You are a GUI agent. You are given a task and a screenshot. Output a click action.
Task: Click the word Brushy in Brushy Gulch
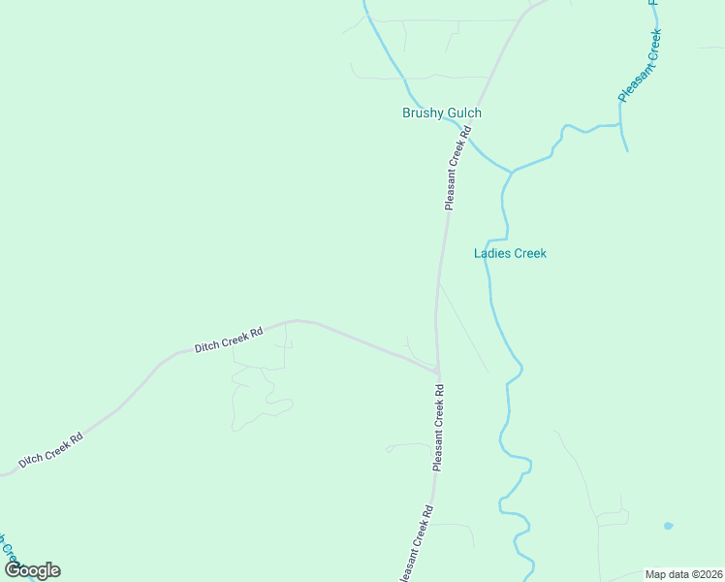click(423, 113)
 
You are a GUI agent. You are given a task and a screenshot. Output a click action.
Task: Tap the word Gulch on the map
click(463, 113)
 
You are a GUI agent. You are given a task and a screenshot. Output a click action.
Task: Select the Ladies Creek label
click(510, 254)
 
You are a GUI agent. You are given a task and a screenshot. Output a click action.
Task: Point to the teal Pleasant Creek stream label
click(640, 65)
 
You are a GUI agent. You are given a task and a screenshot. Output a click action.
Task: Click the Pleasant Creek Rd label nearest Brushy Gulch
click(457, 173)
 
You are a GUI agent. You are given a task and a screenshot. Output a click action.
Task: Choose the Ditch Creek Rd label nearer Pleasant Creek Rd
click(229, 339)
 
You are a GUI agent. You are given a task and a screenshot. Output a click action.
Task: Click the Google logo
click(32, 570)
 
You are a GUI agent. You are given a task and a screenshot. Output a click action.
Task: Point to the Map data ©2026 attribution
click(683, 574)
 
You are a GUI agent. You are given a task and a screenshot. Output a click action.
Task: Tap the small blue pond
click(668, 526)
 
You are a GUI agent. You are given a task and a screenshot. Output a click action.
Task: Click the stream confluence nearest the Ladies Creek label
click(511, 173)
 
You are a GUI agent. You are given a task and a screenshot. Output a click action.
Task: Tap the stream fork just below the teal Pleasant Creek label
click(620, 125)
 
